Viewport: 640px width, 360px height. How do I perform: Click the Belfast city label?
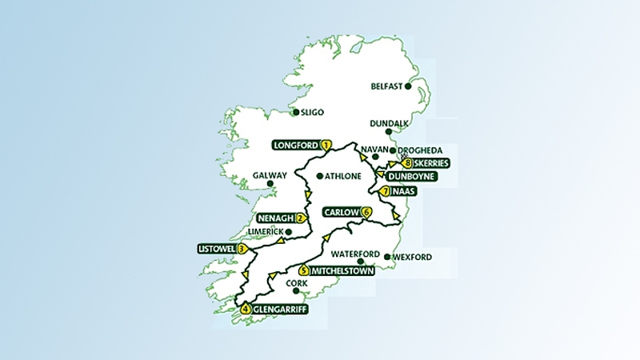pos(387,86)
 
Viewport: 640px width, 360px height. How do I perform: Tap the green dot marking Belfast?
pos(409,86)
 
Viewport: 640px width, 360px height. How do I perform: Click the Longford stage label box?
pos(296,146)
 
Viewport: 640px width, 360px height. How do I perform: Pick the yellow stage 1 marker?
pos(326,146)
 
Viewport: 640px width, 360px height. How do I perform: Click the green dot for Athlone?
pos(319,176)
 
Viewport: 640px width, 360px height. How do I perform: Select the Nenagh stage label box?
pos(276,218)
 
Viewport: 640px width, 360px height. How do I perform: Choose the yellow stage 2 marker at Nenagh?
pos(301,218)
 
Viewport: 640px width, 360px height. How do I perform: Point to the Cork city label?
pos(295,282)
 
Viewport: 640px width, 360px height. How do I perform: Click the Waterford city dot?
pos(361,262)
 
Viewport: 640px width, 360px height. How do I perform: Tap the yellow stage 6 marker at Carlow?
pos(366,213)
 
